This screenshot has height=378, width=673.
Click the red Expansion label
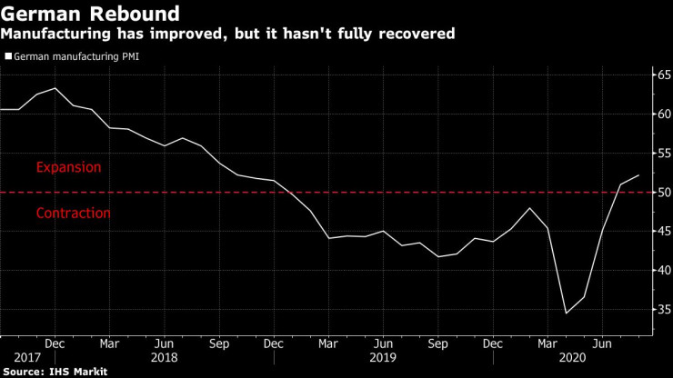(x=68, y=168)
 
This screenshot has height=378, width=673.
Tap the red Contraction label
(x=74, y=214)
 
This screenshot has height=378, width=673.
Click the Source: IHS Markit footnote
(x=55, y=372)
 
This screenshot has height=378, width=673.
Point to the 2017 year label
(x=15, y=358)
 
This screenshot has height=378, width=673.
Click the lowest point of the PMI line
(x=566, y=313)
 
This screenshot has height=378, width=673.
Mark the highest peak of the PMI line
(x=55, y=88)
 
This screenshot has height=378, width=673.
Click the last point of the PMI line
(x=639, y=175)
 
